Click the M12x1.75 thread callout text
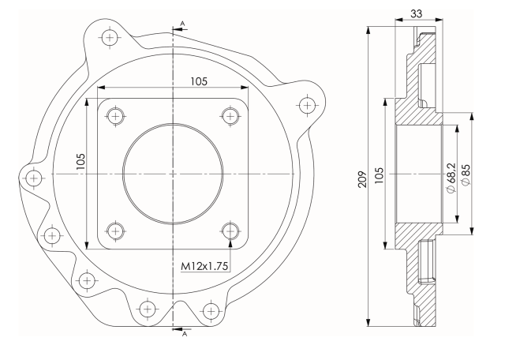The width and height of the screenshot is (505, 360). [205, 266]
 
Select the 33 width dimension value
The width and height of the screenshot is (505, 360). [416, 13]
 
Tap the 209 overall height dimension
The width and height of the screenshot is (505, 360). [362, 179]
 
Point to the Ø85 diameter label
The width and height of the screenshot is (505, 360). [466, 174]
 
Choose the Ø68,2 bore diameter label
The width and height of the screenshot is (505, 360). [452, 178]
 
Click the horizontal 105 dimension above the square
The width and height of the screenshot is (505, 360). [199, 81]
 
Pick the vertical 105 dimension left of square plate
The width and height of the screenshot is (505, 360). [80, 162]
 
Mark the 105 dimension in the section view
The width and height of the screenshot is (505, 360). [380, 175]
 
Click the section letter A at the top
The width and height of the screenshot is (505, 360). [182, 24]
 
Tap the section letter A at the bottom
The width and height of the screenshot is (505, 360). [184, 334]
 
